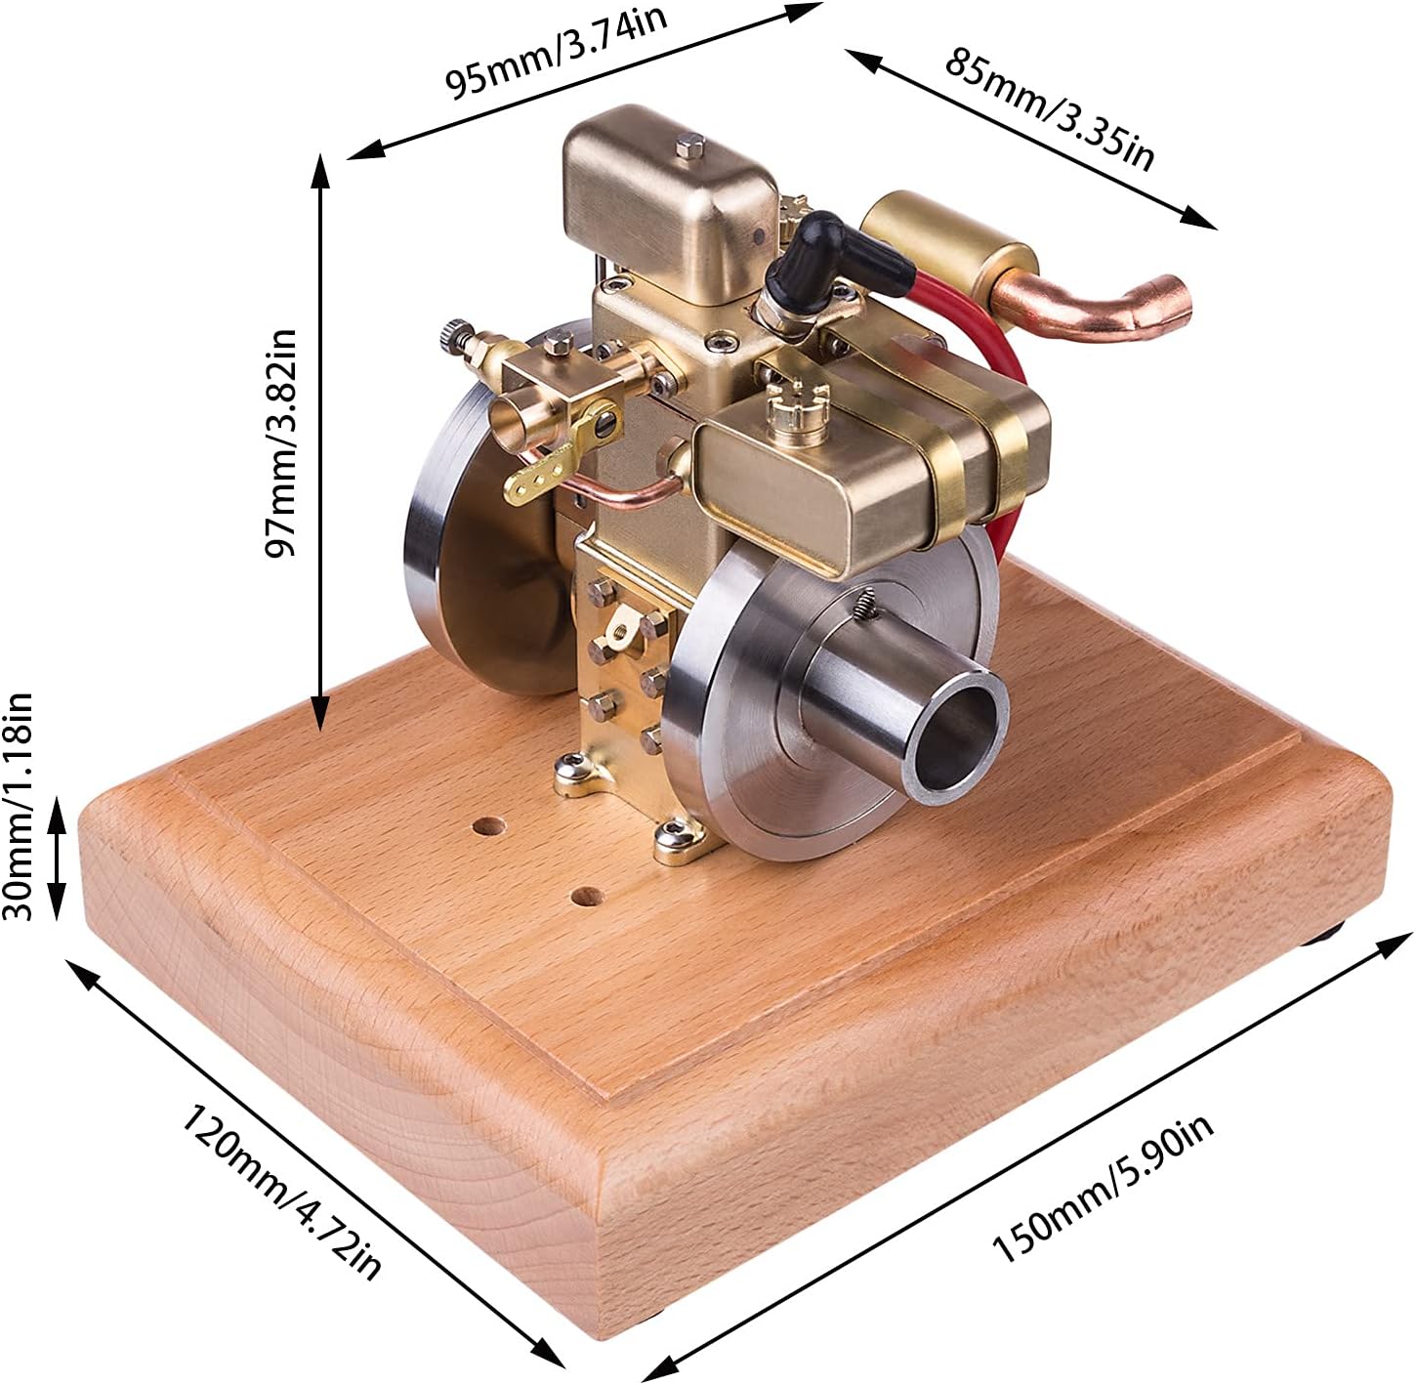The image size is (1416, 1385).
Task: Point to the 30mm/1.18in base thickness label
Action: point(18,806)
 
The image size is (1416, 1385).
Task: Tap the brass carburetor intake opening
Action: point(511,422)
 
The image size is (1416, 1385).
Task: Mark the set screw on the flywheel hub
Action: point(864,602)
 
